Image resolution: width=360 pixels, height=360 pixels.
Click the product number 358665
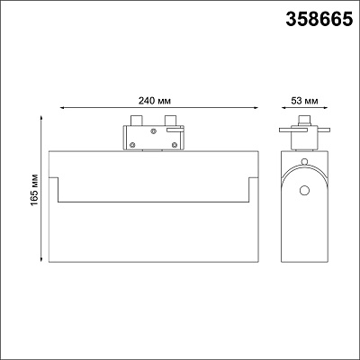tap(319, 19)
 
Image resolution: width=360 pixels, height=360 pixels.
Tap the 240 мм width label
tap(155, 101)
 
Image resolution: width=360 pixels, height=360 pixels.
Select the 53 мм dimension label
tap(304, 101)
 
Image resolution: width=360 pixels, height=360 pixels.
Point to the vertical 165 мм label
tap(34, 190)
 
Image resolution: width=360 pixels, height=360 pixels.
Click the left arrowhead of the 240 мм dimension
tap(62, 107)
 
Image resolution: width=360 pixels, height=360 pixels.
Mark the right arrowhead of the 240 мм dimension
tap(256, 107)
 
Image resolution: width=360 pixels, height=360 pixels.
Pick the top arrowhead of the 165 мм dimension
tap(41, 118)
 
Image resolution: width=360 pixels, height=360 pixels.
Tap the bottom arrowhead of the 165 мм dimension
tap(41, 260)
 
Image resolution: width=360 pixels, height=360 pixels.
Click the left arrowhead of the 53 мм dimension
tap(283, 107)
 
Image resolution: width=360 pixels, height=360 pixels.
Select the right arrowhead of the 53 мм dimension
tap(325, 107)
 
